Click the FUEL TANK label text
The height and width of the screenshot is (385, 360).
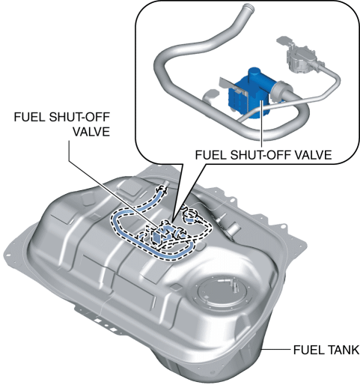(x=326, y=350)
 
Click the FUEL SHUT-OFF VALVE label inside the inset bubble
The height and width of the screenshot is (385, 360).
(x=263, y=155)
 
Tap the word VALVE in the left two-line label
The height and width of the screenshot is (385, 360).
(x=91, y=132)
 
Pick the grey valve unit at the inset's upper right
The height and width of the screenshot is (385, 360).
(x=299, y=58)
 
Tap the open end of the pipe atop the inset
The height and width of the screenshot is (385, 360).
(x=248, y=7)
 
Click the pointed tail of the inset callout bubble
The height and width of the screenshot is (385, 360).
(x=172, y=220)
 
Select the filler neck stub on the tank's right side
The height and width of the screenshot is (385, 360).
(x=234, y=228)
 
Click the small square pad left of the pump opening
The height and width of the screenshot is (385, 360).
(x=177, y=287)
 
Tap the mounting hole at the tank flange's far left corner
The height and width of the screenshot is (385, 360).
(x=7, y=255)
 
